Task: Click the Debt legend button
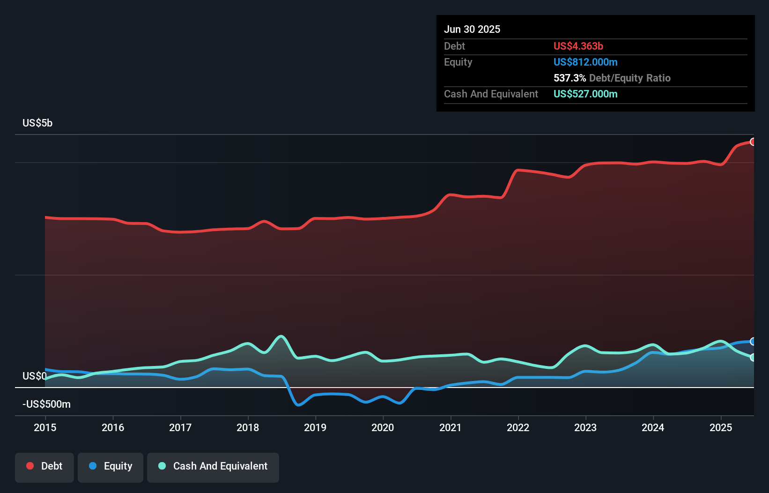(44, 466)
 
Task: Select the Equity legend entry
(111, 466)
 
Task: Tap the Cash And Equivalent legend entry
(213, 466)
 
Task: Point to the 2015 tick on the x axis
(45, 427)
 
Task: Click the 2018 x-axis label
(248, 427)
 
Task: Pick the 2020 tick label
(383, 427)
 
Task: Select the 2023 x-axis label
(585, 427)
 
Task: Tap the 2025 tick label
(721, 427)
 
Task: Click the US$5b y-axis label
(37, 123)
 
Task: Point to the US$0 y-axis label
(34, 376)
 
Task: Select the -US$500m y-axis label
(47, 404)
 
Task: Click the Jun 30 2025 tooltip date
(472, 30)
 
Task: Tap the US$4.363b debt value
(578, 46)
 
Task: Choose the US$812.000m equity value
(585, 62)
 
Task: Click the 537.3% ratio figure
(569, 78)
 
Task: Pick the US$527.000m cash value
(585, 94)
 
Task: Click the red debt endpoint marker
(753, 142)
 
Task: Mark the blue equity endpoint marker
(753, 342)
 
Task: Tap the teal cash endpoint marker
(753, 358)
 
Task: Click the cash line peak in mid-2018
(281, 336)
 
